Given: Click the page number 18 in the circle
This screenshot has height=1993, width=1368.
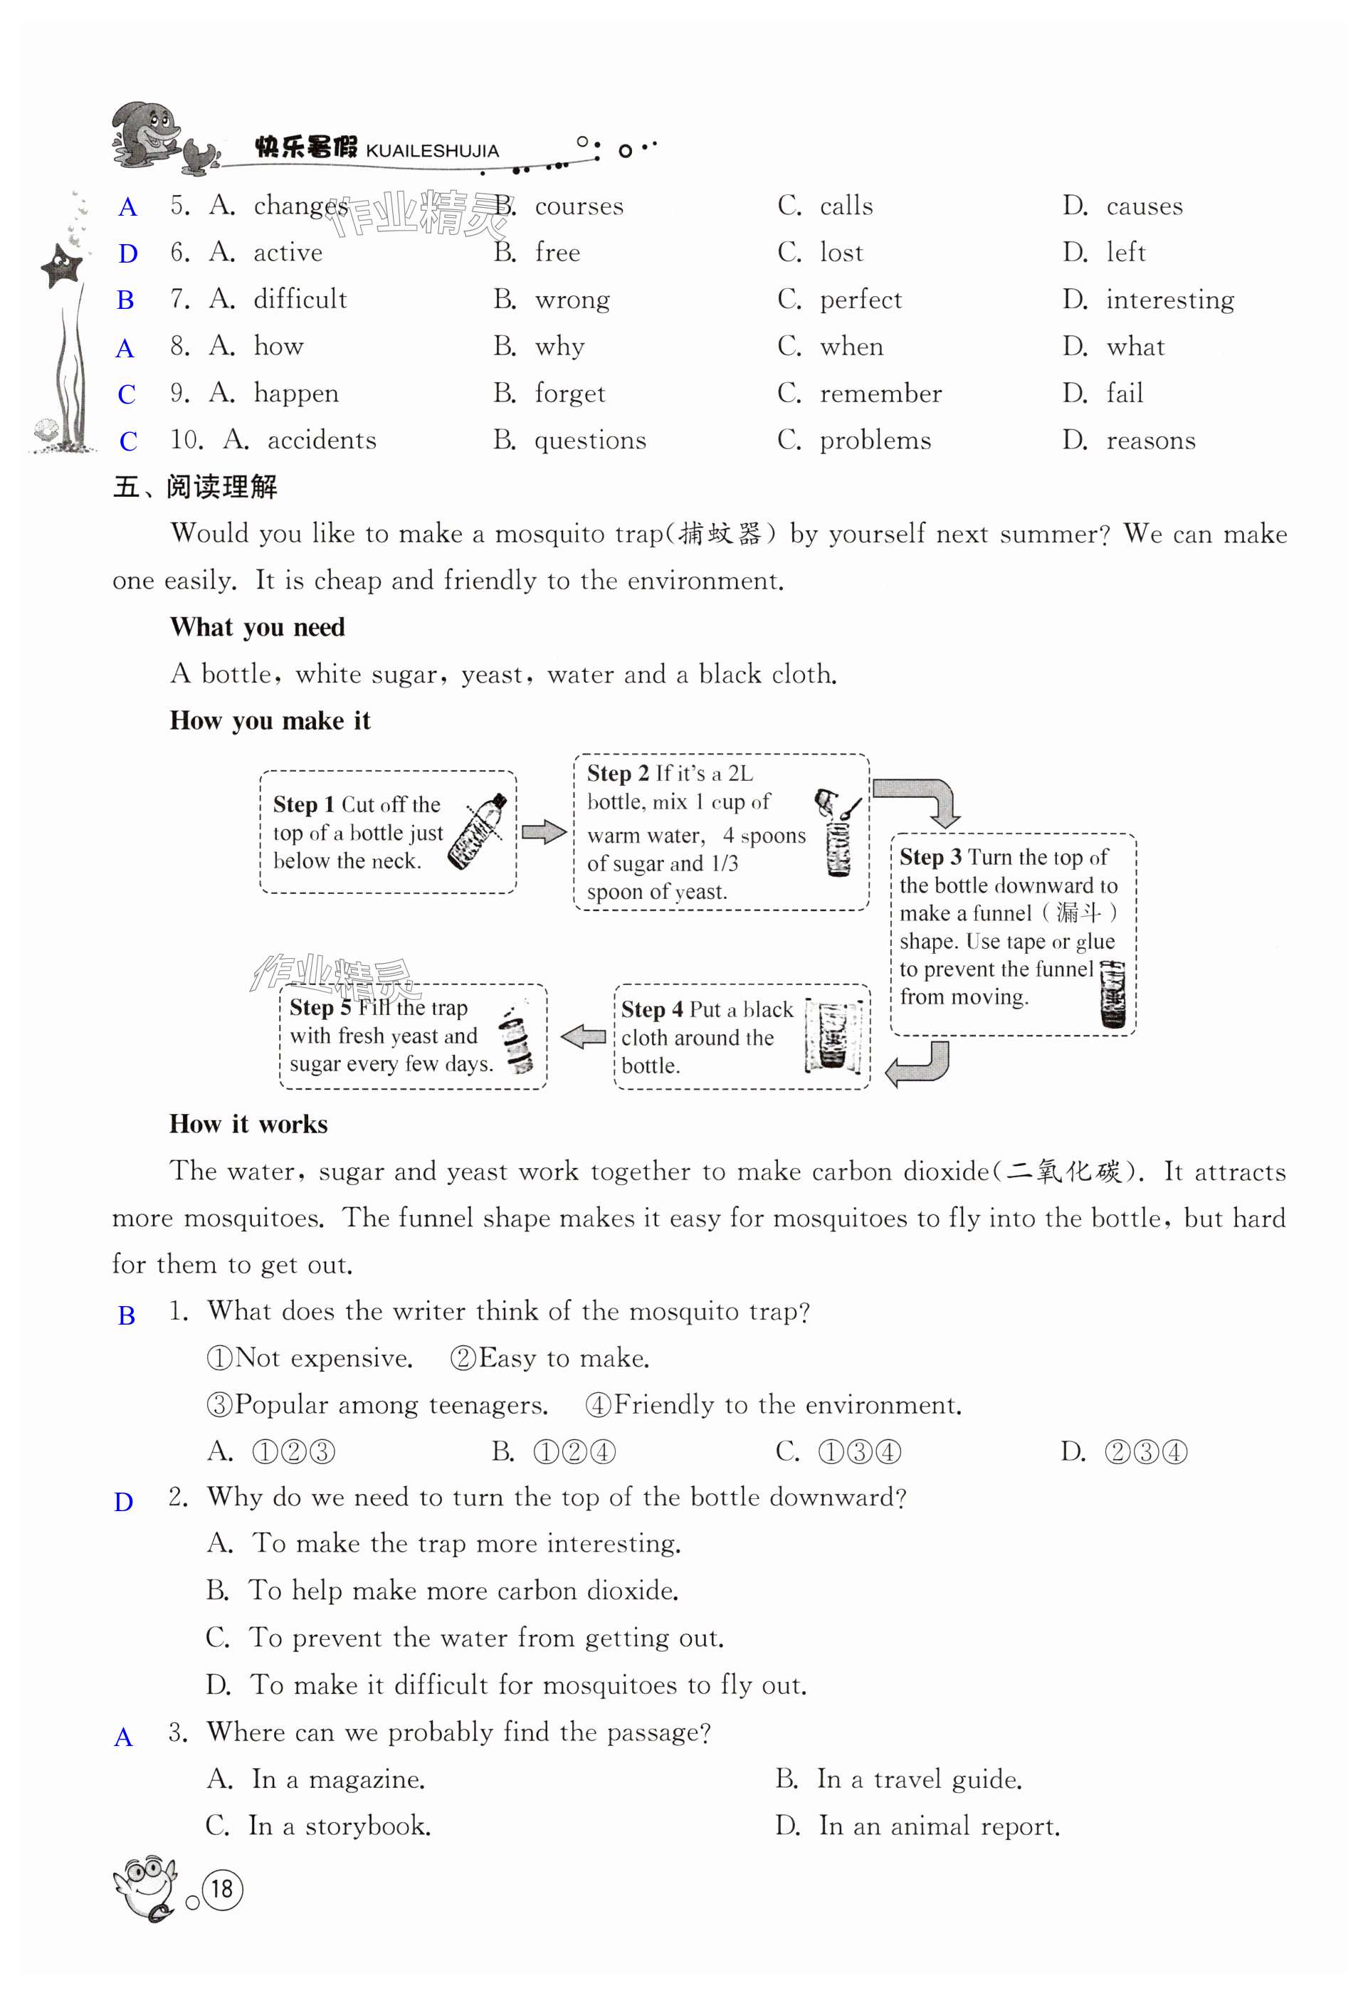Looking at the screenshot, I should [x=222, y=1889].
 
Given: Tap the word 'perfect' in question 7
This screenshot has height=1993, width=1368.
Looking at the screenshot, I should [x=861, y=300].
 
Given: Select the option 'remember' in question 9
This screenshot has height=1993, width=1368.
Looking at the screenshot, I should [x=880, y=394].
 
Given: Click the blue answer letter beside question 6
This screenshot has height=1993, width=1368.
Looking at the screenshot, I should [x=128, y=254].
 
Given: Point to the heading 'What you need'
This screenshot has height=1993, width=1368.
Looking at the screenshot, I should [x=258, y=628].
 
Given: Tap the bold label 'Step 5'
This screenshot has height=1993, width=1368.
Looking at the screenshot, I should [x=320, y=1008].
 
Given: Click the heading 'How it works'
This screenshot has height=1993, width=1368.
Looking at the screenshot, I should [x=248, y=1125].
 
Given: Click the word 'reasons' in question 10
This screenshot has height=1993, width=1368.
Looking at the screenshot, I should [x=1150, y=441].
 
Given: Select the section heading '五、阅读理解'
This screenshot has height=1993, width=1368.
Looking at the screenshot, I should [x=196, y=487].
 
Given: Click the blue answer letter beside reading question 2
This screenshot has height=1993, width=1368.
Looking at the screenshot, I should [x=125, y=1503].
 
